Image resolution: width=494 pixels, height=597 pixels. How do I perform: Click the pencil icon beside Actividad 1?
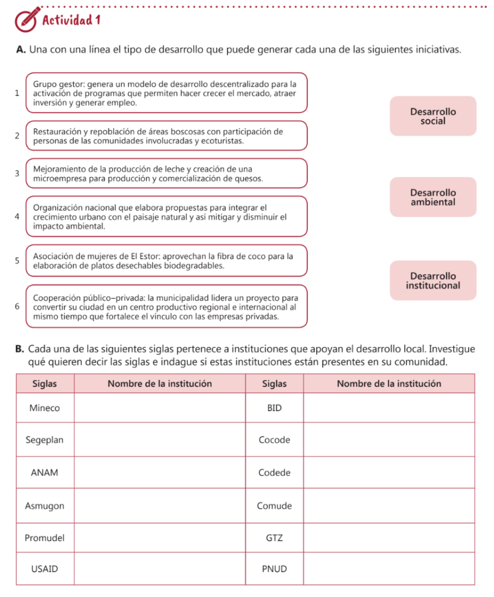pos(25,20)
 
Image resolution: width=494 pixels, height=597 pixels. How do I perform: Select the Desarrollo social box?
pos(433,116)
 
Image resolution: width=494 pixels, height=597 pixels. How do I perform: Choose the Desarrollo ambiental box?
pos(433,197)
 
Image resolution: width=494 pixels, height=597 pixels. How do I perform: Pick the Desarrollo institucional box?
pos(433,280)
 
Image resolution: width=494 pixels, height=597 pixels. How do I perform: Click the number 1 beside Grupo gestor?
pos(18,93)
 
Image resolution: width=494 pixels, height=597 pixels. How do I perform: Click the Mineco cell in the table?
pos(45,408)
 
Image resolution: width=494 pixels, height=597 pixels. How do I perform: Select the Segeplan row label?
pos(45,440)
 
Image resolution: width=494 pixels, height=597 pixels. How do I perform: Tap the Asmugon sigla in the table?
pos(45,505)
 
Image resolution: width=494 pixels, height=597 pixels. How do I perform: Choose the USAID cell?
pos(45,569)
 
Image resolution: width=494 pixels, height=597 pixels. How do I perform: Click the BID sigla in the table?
pos(274,408)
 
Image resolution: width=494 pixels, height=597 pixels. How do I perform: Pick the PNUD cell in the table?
pos(274,569)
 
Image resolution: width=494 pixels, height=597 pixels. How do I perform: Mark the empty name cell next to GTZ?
pos(390,538)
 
